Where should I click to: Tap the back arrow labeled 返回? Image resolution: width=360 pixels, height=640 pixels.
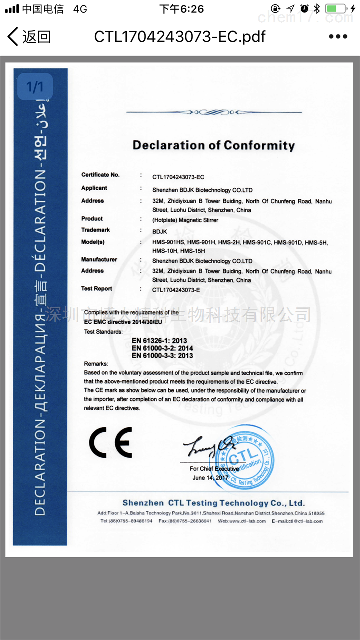click(x=29, y=36)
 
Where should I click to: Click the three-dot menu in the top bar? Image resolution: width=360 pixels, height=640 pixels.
click(x=338, y=36)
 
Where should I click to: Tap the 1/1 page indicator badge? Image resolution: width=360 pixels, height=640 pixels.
click(x=35, y=88)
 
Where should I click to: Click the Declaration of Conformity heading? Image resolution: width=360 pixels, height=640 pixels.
click(x=214, y=145)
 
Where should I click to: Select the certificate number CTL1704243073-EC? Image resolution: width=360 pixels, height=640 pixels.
click(x=178, y=177)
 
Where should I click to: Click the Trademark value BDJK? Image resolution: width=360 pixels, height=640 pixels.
click(x=160, y=231)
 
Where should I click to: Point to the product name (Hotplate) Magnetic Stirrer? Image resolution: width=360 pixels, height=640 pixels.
click(x=185, y=220)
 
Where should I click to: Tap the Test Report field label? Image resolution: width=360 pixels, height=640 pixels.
click(x=97, y=289)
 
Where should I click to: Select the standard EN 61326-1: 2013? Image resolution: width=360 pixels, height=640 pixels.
click(x=159, y=341)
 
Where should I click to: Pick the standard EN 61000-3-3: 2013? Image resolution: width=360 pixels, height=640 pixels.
click(x=162, y=356)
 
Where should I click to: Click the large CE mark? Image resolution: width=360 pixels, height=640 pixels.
click(x=110, y=443)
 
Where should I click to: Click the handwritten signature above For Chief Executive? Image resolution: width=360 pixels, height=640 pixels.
click(x=208, y=447)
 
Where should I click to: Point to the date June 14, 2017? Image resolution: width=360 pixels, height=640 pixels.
click(x=211, y=478)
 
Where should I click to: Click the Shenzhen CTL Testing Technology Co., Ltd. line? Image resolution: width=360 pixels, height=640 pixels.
click(x=213, y=503)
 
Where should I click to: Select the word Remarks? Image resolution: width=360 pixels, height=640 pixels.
click(x=96, y=364)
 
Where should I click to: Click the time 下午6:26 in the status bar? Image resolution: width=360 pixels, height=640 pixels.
click(x=181, y=9)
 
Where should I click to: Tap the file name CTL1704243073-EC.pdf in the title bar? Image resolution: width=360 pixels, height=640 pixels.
click(x=180, y=36)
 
